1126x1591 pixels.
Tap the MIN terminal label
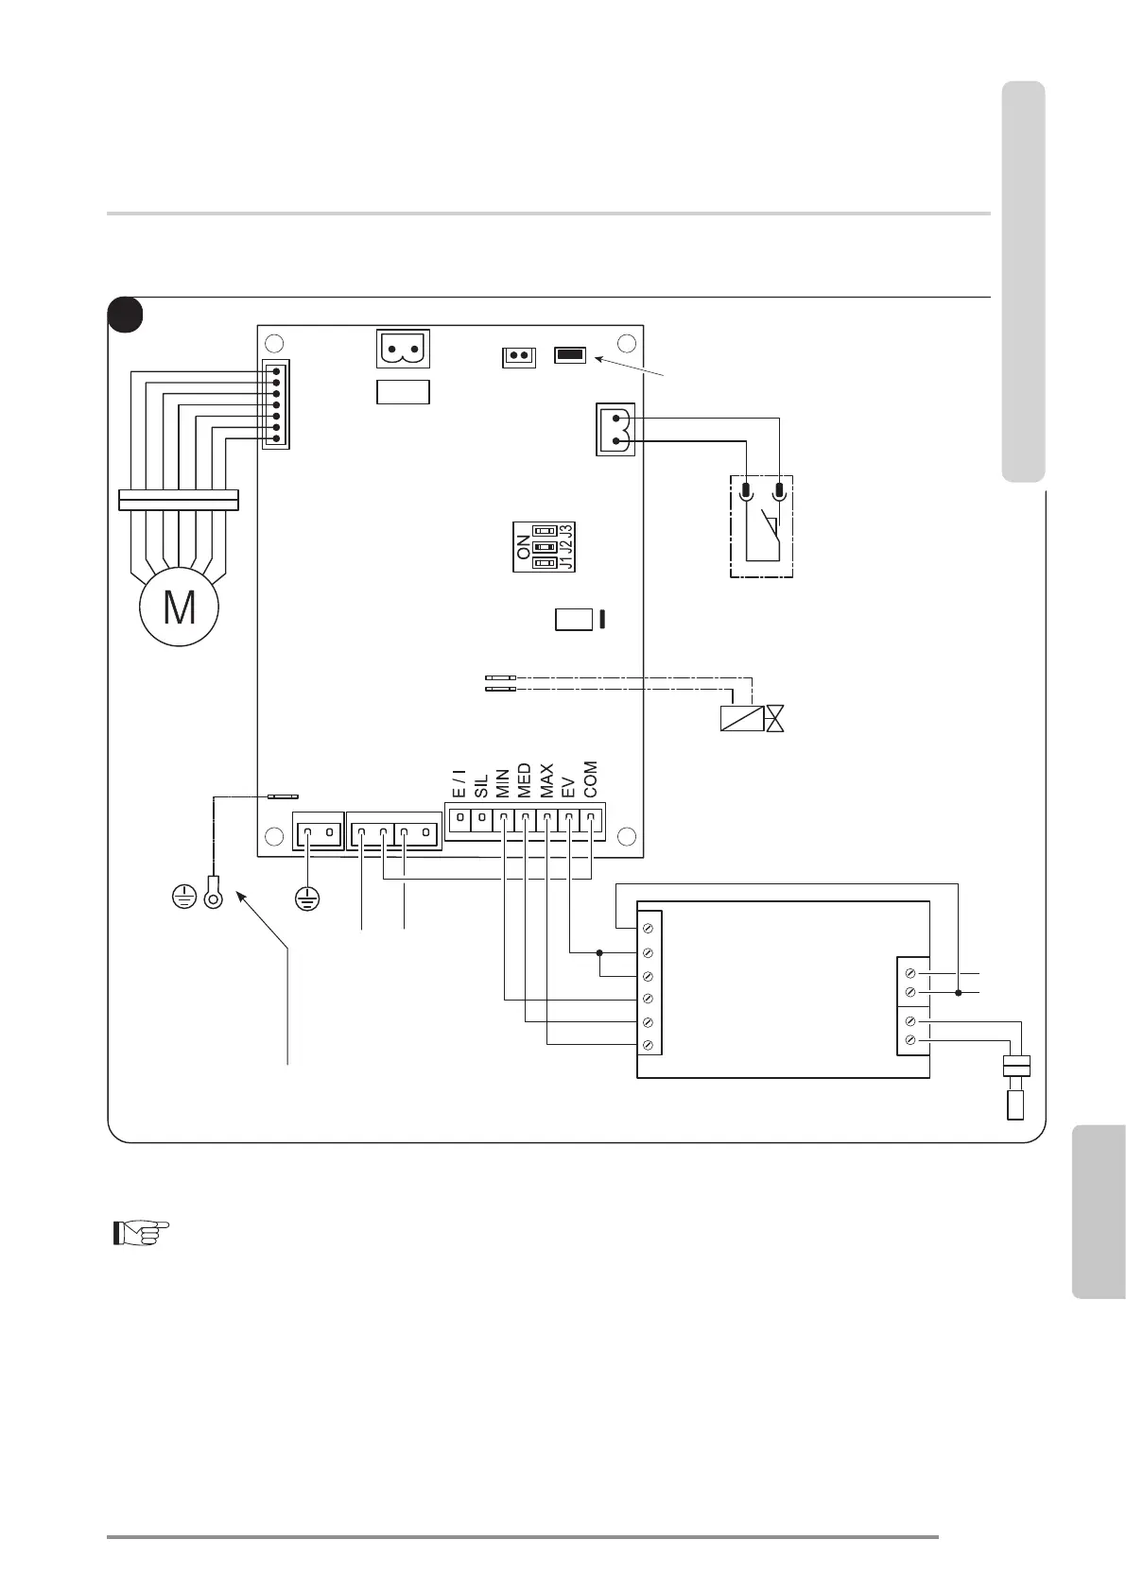tap(503, 783)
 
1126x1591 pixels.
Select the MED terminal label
tap(525, 781)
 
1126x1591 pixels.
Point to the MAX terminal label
tap(546, 782)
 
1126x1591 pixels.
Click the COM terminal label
tap(591, 780)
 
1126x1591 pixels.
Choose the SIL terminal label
tap(481, 786)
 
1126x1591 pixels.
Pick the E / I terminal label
tap(459, 783)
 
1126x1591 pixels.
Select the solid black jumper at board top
tap(570, 355)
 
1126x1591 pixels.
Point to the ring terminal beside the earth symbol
tap(214, 894)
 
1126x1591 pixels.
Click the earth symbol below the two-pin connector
tap(305, 898)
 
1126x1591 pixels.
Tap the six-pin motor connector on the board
tap(276, 404)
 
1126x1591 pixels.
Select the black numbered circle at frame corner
tap(125, 316)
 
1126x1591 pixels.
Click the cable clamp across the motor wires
tap(179, 499)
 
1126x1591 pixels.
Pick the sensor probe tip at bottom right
tap(1016, 1104)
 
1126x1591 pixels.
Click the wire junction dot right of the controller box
tap(958, 993)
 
